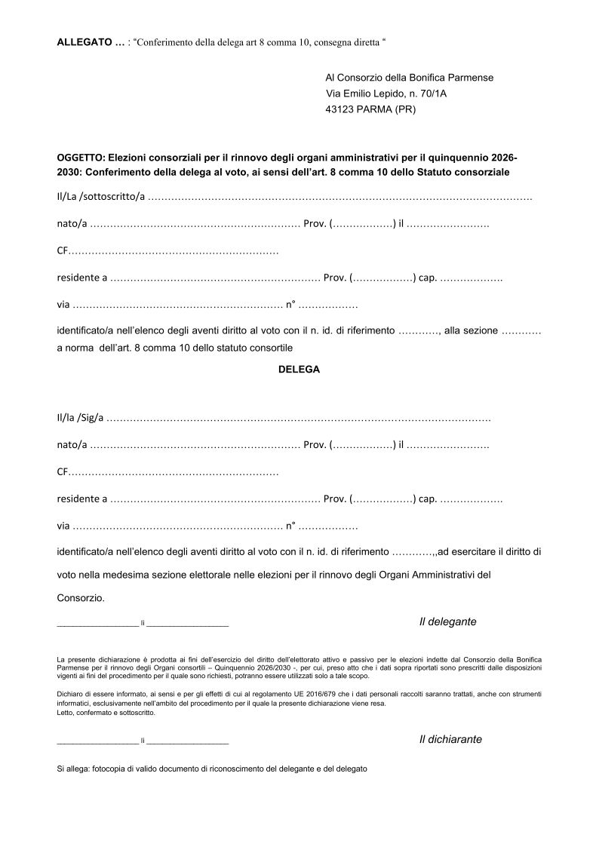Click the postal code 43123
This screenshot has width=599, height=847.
click(x=341, y=109)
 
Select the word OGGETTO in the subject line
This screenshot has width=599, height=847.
click(x=80, y=158)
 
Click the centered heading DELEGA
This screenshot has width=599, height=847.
click(x=299, y=370)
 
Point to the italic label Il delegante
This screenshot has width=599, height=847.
click(x=448, y=621)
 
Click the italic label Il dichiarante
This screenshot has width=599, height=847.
click(x=450, y=739)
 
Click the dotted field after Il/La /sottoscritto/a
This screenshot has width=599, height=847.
click(x=339, y=198)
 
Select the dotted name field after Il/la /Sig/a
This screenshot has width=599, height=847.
click(x=298, y=418)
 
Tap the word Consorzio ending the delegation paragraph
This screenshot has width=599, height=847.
click(x=80, y=598)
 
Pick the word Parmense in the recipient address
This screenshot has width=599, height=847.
click(x=473, y=78)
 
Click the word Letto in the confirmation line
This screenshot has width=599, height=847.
click(x=66, y=713)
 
